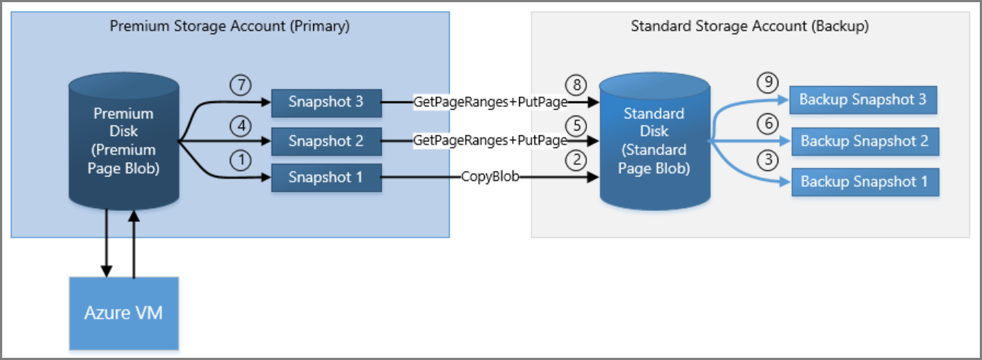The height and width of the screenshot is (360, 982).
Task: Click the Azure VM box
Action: (x=124, y=313)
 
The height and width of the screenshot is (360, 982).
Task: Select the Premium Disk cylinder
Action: (x=123, y=141)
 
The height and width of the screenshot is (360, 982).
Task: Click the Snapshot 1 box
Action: (x=326, y=177)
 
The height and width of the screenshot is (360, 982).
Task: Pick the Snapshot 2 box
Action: (x=326, y=140)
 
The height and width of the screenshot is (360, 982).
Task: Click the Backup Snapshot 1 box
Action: (x=864, y=182)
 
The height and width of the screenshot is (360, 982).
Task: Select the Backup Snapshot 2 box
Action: (x=864, y=141)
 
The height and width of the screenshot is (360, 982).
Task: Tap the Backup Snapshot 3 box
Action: (x=863, y=100)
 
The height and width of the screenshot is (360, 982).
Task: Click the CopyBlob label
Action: (x=490, y=177)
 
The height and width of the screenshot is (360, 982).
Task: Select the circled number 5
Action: (x=577, y=124)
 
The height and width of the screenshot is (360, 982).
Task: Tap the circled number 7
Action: (x=239, y=84)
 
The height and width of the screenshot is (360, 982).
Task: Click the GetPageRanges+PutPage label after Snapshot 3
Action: (x=490, y=102)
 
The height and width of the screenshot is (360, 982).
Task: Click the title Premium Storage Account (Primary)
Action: (x=230, y=26)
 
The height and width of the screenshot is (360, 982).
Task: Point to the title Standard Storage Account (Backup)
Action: (x=749, y=26)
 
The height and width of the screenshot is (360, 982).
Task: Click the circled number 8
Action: (x=577, y=85)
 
